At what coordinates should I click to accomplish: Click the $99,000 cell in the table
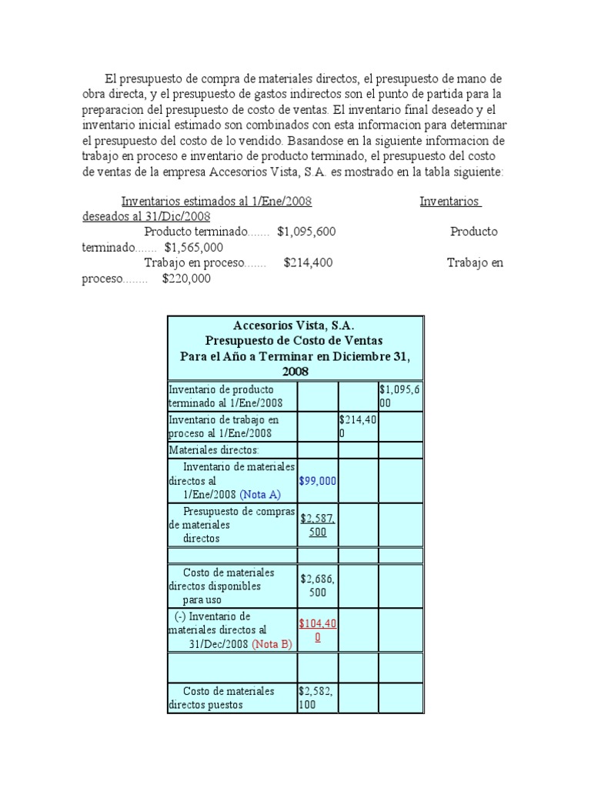click(317, 480)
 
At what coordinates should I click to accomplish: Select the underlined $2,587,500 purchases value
click(317, 525)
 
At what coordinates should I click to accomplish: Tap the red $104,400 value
click(317, 630)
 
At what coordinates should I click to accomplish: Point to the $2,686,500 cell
click(317, 585)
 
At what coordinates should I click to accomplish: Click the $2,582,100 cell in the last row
click(317, 697)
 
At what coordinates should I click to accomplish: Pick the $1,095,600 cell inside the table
click(399, 396)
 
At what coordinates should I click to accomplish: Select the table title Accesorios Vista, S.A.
click(294, 326)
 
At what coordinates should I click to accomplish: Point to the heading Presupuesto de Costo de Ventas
click(294, 340)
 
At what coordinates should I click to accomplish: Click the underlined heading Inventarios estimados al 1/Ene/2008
click(216, 201)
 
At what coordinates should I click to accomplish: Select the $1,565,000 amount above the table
click(194, 247)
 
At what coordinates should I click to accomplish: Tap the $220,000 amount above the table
click(186, 279)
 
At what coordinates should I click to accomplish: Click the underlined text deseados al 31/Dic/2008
click(146, 216)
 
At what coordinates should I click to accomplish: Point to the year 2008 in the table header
click(294, 371)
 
